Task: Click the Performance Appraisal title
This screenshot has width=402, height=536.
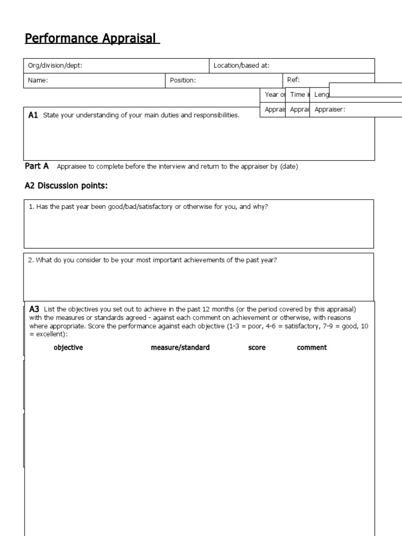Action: [92, 39]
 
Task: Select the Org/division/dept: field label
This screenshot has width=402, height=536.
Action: [55, 65]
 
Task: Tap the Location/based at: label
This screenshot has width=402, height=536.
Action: [241, 65]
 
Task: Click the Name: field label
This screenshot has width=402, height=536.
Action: [38, 80]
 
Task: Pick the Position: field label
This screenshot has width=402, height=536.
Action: [183, 80]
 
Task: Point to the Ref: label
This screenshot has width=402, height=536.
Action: [293, 80]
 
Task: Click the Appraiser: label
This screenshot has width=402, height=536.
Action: [330, 109]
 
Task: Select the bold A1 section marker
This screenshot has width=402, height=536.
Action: [33, 115]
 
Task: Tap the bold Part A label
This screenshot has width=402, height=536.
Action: [37, 166]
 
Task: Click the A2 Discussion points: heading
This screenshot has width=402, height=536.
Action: [66, 186]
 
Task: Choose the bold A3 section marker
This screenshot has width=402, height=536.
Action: [35, 309]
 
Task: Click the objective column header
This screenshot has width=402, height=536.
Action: [68, 348]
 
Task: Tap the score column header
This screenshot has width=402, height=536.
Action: [256, 348]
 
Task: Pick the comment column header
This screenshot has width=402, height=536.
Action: [311, 348]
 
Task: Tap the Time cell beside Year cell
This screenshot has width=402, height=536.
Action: [297, 95]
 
